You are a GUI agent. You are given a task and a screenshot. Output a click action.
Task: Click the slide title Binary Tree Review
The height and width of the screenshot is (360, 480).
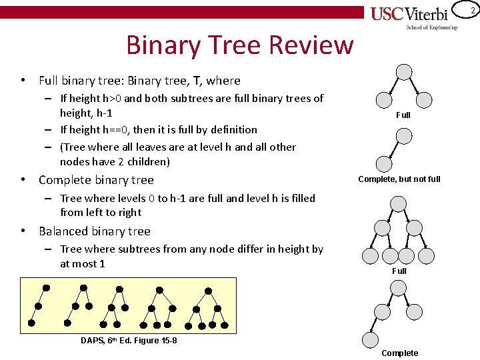(239, 45)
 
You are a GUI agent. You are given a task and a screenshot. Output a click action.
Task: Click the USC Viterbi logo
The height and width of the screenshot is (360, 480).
(414, 14)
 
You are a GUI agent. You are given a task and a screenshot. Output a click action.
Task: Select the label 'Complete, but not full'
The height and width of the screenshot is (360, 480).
(399, 179)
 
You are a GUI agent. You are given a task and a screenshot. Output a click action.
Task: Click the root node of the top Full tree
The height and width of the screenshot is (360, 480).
(404, 73)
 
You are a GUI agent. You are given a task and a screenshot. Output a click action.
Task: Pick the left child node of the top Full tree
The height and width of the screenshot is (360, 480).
(384, 100)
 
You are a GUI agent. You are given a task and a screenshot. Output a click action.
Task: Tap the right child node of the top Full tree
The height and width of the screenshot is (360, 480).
(425, 100)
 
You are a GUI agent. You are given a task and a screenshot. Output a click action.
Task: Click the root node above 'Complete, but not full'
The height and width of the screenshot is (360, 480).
(404, 136)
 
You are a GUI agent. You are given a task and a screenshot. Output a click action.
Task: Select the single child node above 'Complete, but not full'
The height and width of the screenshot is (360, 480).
(383, 163)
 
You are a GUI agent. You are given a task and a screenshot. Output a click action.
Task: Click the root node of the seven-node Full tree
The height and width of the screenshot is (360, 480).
(398, 205)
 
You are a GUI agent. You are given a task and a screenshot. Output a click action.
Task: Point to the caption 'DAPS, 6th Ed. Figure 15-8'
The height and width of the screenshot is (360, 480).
(129, 341)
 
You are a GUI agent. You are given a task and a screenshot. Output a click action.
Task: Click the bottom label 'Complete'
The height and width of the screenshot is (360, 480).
(400, 353)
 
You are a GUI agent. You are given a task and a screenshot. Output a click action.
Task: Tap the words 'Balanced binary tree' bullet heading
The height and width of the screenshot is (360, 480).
(95, 231)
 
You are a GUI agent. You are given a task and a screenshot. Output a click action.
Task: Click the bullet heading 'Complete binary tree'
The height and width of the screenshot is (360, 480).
(96, 180)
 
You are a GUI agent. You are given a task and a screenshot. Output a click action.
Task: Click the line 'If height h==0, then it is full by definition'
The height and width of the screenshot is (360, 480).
(159, 129)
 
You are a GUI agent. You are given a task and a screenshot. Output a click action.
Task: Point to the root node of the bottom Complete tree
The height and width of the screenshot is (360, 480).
(398, 287)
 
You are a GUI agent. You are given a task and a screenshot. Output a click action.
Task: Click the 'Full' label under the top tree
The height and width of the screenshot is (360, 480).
(403, 115)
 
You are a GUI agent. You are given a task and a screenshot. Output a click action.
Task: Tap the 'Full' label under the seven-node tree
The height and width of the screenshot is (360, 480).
(399, 271)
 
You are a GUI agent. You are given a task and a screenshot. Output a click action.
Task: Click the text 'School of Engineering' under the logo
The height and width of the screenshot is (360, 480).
(432, 27)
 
